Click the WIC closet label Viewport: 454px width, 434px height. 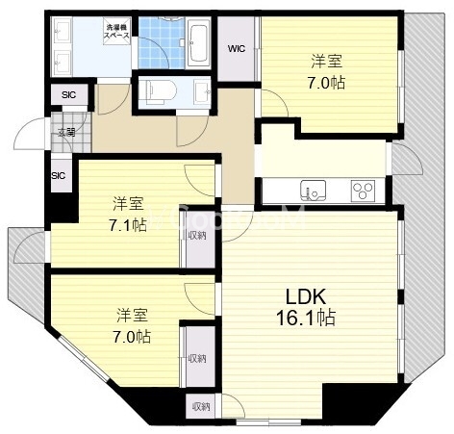[237, 48]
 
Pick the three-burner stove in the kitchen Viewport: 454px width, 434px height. [363, 189]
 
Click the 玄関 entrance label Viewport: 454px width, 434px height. [65, 133]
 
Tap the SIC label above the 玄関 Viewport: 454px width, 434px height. [68, 95]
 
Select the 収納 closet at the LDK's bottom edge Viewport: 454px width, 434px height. [200, 406]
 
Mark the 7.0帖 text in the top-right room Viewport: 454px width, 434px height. [328, 81]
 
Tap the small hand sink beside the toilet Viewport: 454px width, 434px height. [201, 93]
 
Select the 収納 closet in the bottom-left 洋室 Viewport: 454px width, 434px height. [197, 358]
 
